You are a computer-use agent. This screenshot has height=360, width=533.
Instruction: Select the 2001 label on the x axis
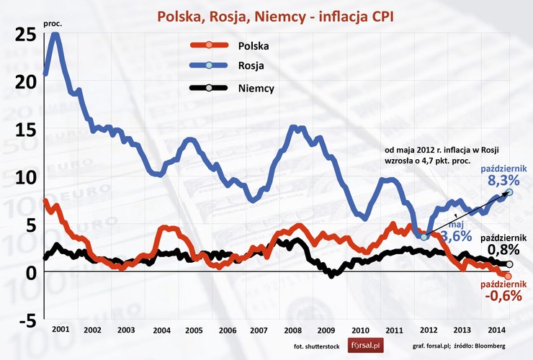(x=61, y=329)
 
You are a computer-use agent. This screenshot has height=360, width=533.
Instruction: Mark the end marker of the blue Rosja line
(x=509, y=192)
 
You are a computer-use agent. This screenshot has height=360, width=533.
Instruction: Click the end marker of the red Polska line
(x=509, y=276)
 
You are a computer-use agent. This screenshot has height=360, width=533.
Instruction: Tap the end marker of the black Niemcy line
(x=509, y=264)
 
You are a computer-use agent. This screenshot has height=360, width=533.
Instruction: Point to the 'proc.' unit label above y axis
(x=53, y=24)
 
